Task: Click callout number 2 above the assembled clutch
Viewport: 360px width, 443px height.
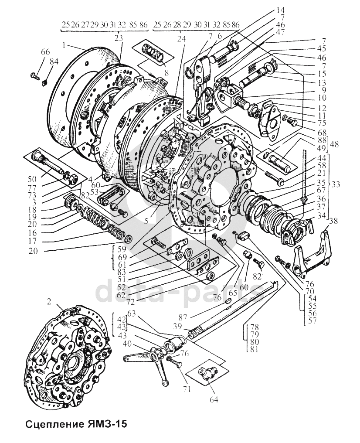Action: [49, 302]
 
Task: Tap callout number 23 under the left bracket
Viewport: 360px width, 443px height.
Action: [119, 37]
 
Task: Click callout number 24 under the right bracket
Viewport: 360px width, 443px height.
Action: [180, 37]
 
